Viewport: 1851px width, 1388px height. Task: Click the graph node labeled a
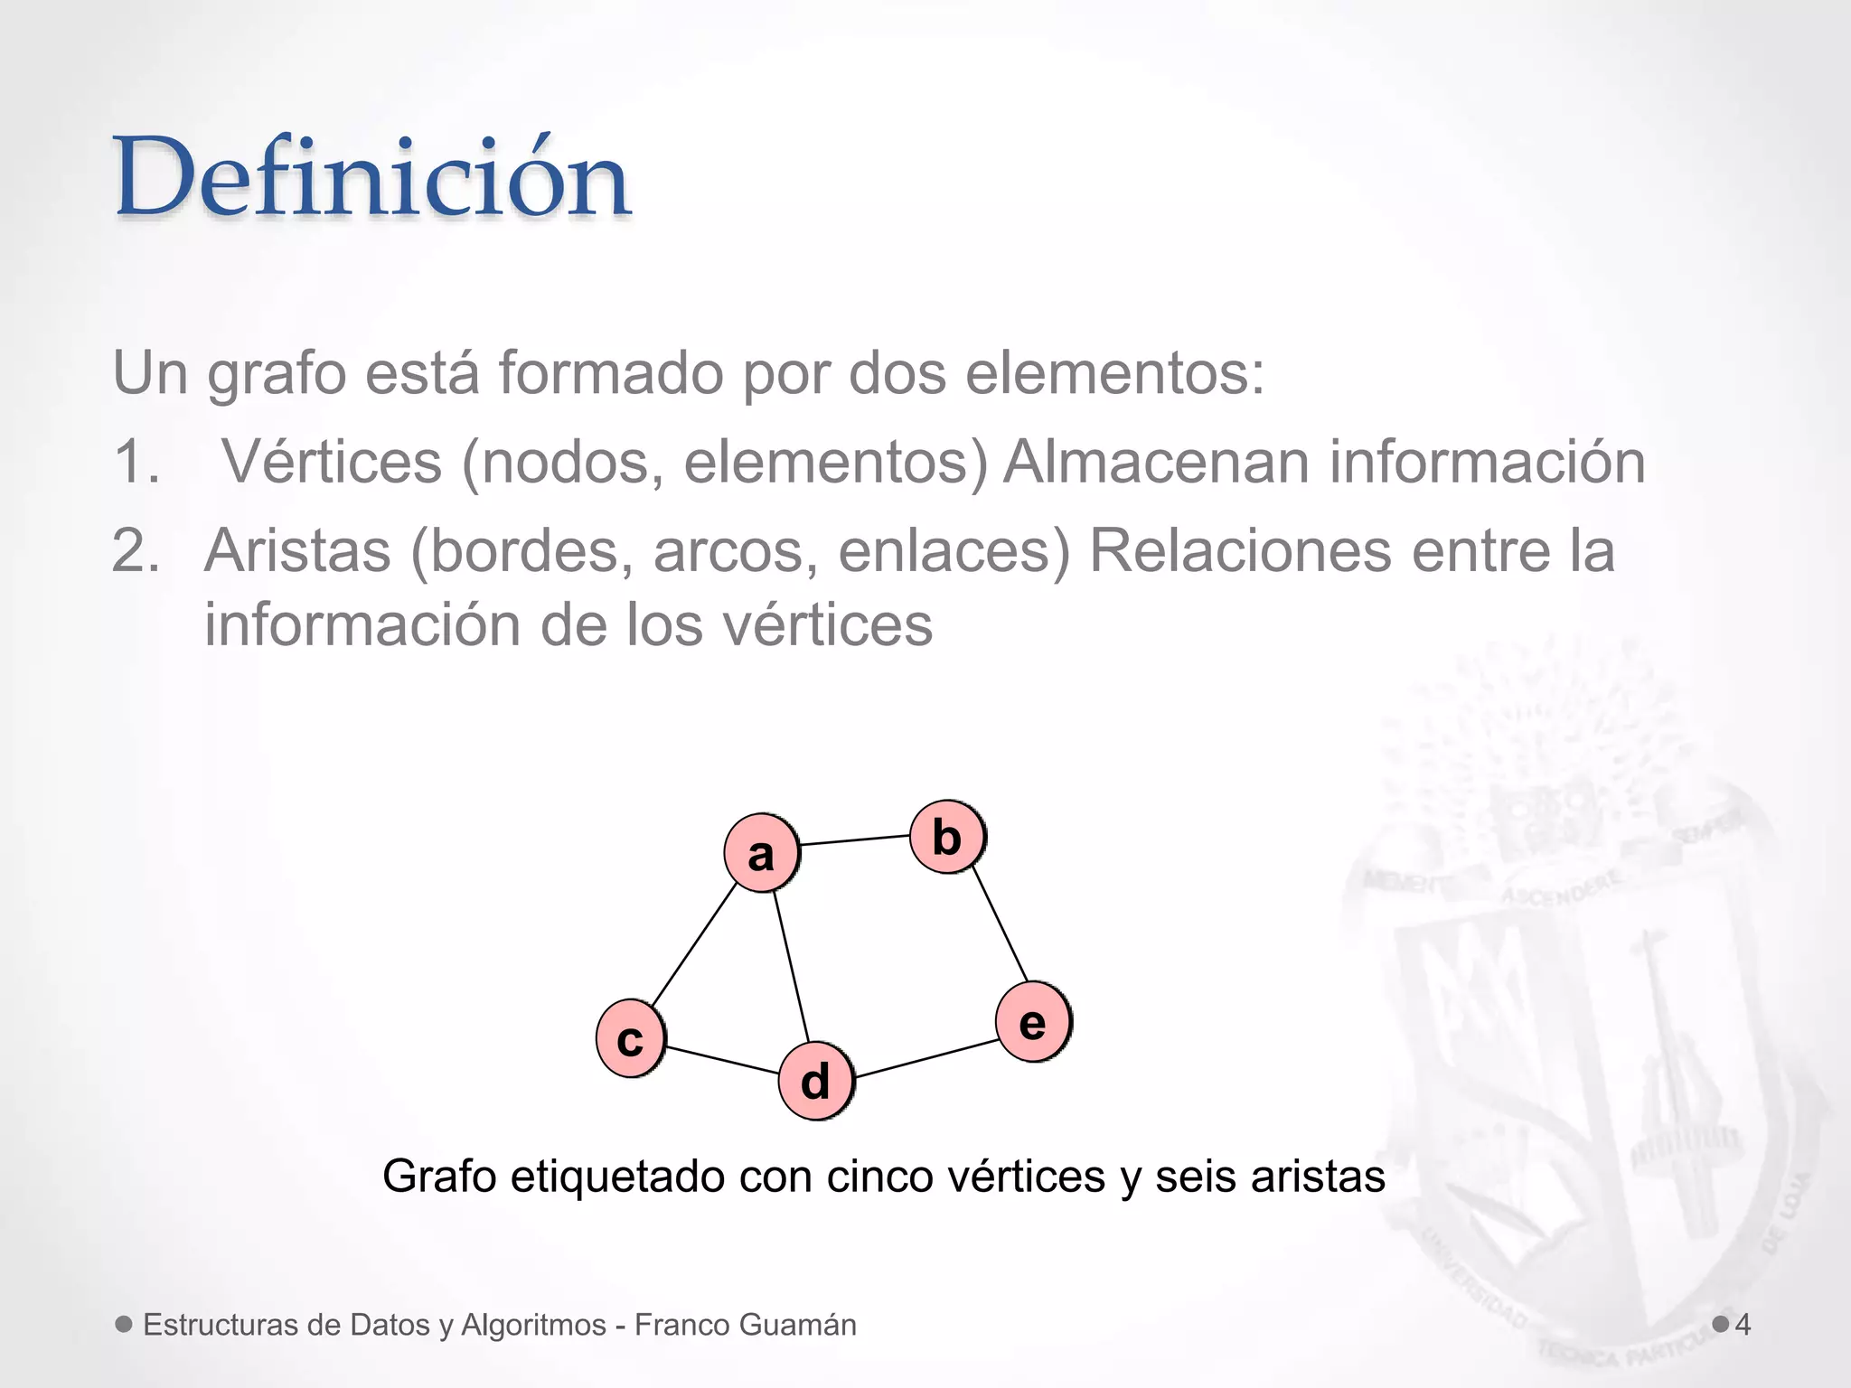click(761, 852)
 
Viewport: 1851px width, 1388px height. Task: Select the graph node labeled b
click(946, 837)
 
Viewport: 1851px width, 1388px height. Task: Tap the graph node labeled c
click(630, 1038)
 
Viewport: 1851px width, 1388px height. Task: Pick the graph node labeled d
click(815, 1081)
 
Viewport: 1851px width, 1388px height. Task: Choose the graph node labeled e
click(1033, 1022)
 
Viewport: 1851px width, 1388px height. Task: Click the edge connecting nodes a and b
click(854, 840)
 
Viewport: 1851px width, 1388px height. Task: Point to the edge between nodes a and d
click(790, 967)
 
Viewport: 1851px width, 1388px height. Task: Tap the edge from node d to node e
click(926, 1058)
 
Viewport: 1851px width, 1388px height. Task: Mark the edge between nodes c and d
click(722, 1060)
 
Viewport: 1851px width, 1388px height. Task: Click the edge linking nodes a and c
click(694, 944)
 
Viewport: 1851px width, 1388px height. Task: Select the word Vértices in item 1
click(332, 462)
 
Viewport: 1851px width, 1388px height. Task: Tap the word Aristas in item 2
click(297, 550)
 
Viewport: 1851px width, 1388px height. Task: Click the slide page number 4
click(1743, 1325)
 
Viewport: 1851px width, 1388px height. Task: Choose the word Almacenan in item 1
click(1155, 462)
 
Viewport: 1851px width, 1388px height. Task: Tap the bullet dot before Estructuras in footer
click(125, 1324)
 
